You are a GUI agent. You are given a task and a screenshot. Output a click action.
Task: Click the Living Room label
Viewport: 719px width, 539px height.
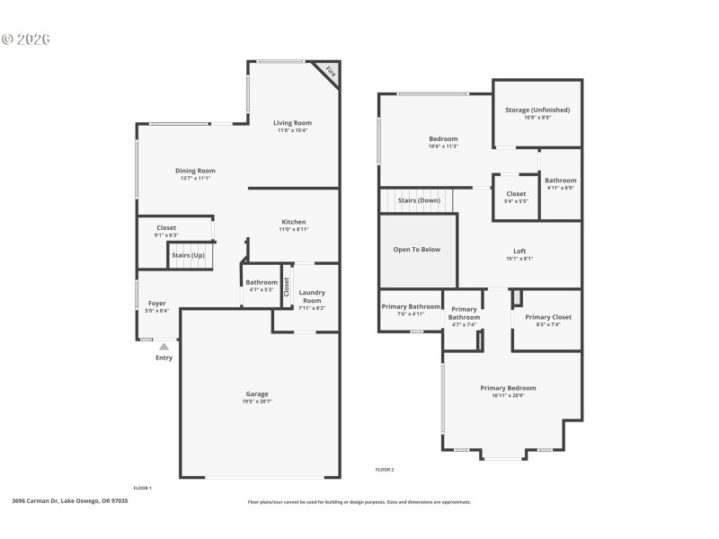[292, 123]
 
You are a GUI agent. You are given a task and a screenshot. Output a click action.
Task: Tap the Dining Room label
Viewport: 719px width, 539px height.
[195, 171]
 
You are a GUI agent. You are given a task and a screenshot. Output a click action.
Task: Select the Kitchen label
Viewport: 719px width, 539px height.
[294, 222]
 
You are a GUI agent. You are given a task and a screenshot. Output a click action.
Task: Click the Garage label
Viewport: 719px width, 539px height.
[257, 393]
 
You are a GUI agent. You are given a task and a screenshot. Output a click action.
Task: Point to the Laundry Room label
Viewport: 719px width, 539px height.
[312, 296]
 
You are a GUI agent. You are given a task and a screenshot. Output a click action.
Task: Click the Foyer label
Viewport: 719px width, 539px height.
[157, 304]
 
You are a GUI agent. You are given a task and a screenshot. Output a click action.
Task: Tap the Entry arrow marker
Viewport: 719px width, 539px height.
[164, 346]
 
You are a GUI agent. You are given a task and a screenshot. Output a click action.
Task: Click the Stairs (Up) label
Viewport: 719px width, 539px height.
[188, 255]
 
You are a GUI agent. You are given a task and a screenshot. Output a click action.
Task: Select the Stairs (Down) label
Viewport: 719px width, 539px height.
[419, 200]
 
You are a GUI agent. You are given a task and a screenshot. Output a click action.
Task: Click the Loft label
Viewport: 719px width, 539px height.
[519, 252]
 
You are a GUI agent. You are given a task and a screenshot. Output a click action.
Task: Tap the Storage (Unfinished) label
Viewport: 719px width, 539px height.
[537, 110]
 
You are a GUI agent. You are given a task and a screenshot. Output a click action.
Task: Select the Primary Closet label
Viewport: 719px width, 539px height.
[548, 317]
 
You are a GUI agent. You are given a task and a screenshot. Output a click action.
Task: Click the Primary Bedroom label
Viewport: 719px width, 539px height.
[508, 388]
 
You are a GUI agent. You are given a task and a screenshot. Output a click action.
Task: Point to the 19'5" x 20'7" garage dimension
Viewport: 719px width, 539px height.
[257, 402]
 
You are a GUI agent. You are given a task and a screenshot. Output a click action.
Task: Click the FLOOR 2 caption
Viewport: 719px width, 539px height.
[384, 470]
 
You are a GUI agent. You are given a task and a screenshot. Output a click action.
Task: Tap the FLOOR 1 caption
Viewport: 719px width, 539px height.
[142, 486]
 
